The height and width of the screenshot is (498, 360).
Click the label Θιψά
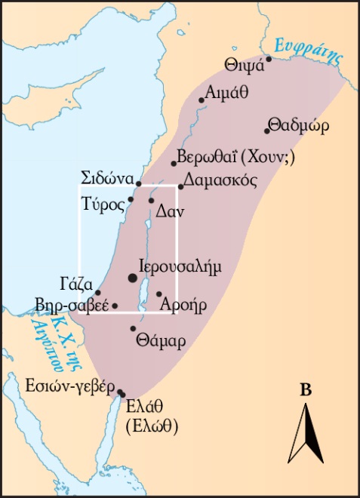coord(244,64)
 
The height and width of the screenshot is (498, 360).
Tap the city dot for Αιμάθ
coord(202,100)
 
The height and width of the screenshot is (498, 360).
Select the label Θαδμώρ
coord(298,127)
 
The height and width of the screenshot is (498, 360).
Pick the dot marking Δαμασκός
coord(181,186)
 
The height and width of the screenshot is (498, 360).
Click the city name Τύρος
coord(106,205)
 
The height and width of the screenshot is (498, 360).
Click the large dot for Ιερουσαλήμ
coord(134,278)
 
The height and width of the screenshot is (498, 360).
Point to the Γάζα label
coord(75,284)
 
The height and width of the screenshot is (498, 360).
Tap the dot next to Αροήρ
coord(159,294)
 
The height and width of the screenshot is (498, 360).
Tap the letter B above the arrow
coord(306,390)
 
